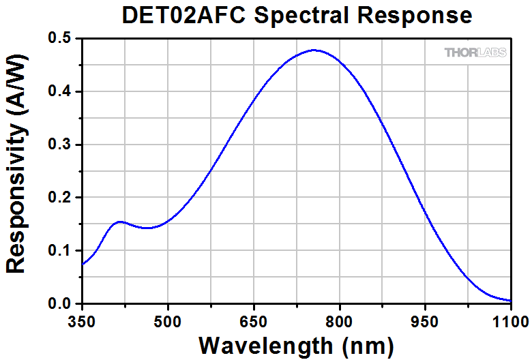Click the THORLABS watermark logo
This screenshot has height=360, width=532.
tap(475, 52)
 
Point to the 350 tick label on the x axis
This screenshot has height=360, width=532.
tap(82, 320)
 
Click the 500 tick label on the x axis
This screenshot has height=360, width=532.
tap(168, 320)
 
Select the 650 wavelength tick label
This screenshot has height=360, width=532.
tap(254, 320)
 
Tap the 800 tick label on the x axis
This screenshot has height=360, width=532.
tap(340, 320)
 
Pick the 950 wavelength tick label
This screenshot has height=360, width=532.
tap(426, 320)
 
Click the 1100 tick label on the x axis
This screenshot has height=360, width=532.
tap(510, 320)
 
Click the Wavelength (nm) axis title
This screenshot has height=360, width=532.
tap(295, 344)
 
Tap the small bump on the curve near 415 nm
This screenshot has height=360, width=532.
tap(119, 222)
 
